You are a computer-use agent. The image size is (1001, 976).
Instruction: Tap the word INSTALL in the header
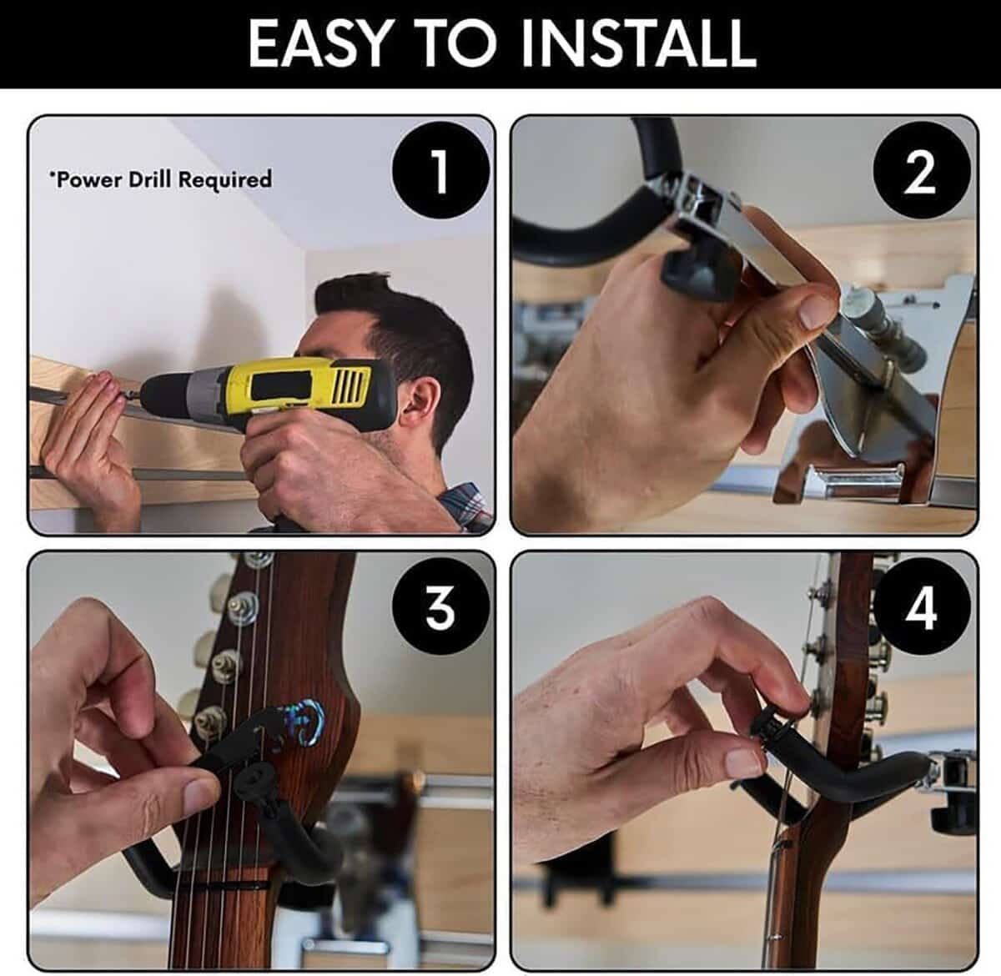click(637, 44)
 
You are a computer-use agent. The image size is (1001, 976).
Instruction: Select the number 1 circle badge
click(440, 171)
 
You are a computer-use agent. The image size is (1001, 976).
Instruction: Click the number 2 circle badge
click(921, 173)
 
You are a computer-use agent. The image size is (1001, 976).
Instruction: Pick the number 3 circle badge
click(440, 607)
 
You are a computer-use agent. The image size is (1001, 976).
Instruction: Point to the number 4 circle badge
click(921, 607)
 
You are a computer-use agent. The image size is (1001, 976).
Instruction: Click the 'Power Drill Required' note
click(160, 179)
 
